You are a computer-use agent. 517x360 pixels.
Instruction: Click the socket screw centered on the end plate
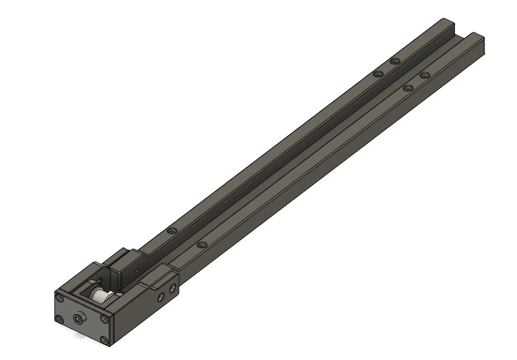(x=80, y=319)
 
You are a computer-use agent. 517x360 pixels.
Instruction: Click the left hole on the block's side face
(x=161, y=297)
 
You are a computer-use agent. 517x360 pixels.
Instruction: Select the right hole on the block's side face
(x=172, y=289)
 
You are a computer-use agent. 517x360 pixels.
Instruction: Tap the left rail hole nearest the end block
(x=171, y=231)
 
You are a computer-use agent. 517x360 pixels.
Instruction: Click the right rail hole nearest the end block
(x=201, y=245)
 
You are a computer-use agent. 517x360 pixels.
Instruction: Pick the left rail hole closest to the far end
(x=394, y=61)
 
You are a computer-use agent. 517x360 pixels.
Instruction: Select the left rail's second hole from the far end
(x=378, y=74)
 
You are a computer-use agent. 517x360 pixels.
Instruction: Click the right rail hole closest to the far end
(x=424, y=76)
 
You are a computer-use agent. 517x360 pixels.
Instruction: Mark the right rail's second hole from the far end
(x=407, y=88)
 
